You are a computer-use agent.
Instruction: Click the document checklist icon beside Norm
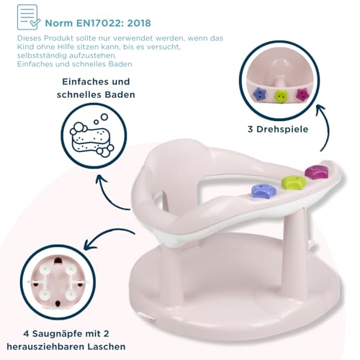28,17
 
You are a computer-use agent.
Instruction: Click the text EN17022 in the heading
100,23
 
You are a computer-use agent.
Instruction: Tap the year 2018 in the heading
139,23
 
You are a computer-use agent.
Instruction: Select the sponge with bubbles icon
92,136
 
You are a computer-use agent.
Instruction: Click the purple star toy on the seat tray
264,190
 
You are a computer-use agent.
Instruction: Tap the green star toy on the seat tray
293,181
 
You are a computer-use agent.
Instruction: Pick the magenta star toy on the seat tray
317,172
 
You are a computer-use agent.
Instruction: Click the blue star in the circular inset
258,94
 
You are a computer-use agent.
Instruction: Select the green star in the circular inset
281,96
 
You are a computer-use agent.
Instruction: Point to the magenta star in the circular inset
303,94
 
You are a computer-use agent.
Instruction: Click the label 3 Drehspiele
278,129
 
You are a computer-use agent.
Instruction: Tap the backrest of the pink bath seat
168,173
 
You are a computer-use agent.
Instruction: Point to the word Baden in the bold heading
121,94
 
